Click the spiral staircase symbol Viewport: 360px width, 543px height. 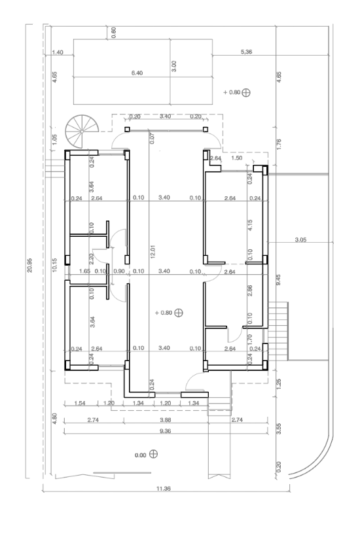(82, 132)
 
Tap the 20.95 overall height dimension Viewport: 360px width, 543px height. (29, 265)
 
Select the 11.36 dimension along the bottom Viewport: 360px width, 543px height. (163, 489)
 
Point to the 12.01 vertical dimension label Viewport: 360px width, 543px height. (153, 251)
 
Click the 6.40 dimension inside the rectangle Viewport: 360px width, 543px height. (137, 73)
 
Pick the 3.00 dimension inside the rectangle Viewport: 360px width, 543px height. (174, 66)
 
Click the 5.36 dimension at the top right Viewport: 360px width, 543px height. (246, 52)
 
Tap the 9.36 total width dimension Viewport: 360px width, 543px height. (166, 430)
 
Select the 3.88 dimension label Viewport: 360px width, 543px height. (166, 420)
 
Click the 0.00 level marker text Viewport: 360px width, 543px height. (140, 455)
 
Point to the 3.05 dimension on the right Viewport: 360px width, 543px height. (300, 239)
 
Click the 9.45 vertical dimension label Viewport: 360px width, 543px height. (279, 280)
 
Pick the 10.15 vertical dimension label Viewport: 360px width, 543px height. (55, 265)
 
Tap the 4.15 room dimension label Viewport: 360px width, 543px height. (250, 225)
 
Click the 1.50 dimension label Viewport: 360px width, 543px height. (237, 158)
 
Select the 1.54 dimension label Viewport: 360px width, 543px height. (80, 403)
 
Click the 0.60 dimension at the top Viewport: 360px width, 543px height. (114, 33)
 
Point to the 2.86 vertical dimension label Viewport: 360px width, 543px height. (250, 290)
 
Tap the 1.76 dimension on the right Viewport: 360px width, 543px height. (279, 144)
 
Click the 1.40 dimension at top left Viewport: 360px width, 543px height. (58, 52)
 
